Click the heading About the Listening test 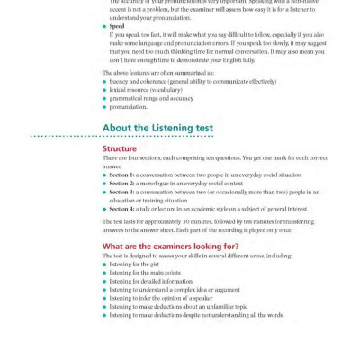(x=157, y=129)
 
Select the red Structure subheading (x=119, y=148)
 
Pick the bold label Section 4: (x=121, y=208)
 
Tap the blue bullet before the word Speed (x=104, y=28)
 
